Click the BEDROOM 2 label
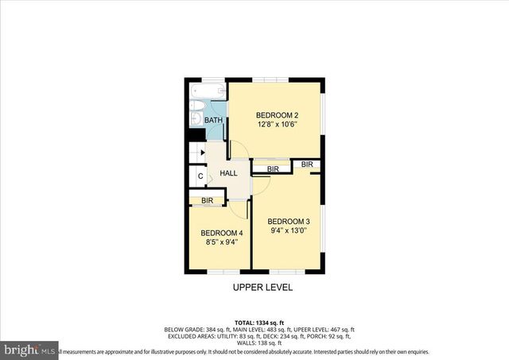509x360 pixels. coord(277,114)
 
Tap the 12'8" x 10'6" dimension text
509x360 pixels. coord(277,124)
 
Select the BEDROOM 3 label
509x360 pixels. coord(287,221)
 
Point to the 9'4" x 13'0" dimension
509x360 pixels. coord(287,231)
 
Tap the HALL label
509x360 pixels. coord(229,173)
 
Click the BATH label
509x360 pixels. coord(214,120)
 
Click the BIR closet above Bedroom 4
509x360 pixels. coord(207,200)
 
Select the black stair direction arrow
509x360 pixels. coord(203,153)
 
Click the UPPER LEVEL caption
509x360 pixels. coord(262,287)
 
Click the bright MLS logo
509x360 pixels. coord(29,349)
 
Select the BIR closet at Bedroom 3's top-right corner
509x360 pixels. coord(308,165)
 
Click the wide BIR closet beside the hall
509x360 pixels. coord(272,169)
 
